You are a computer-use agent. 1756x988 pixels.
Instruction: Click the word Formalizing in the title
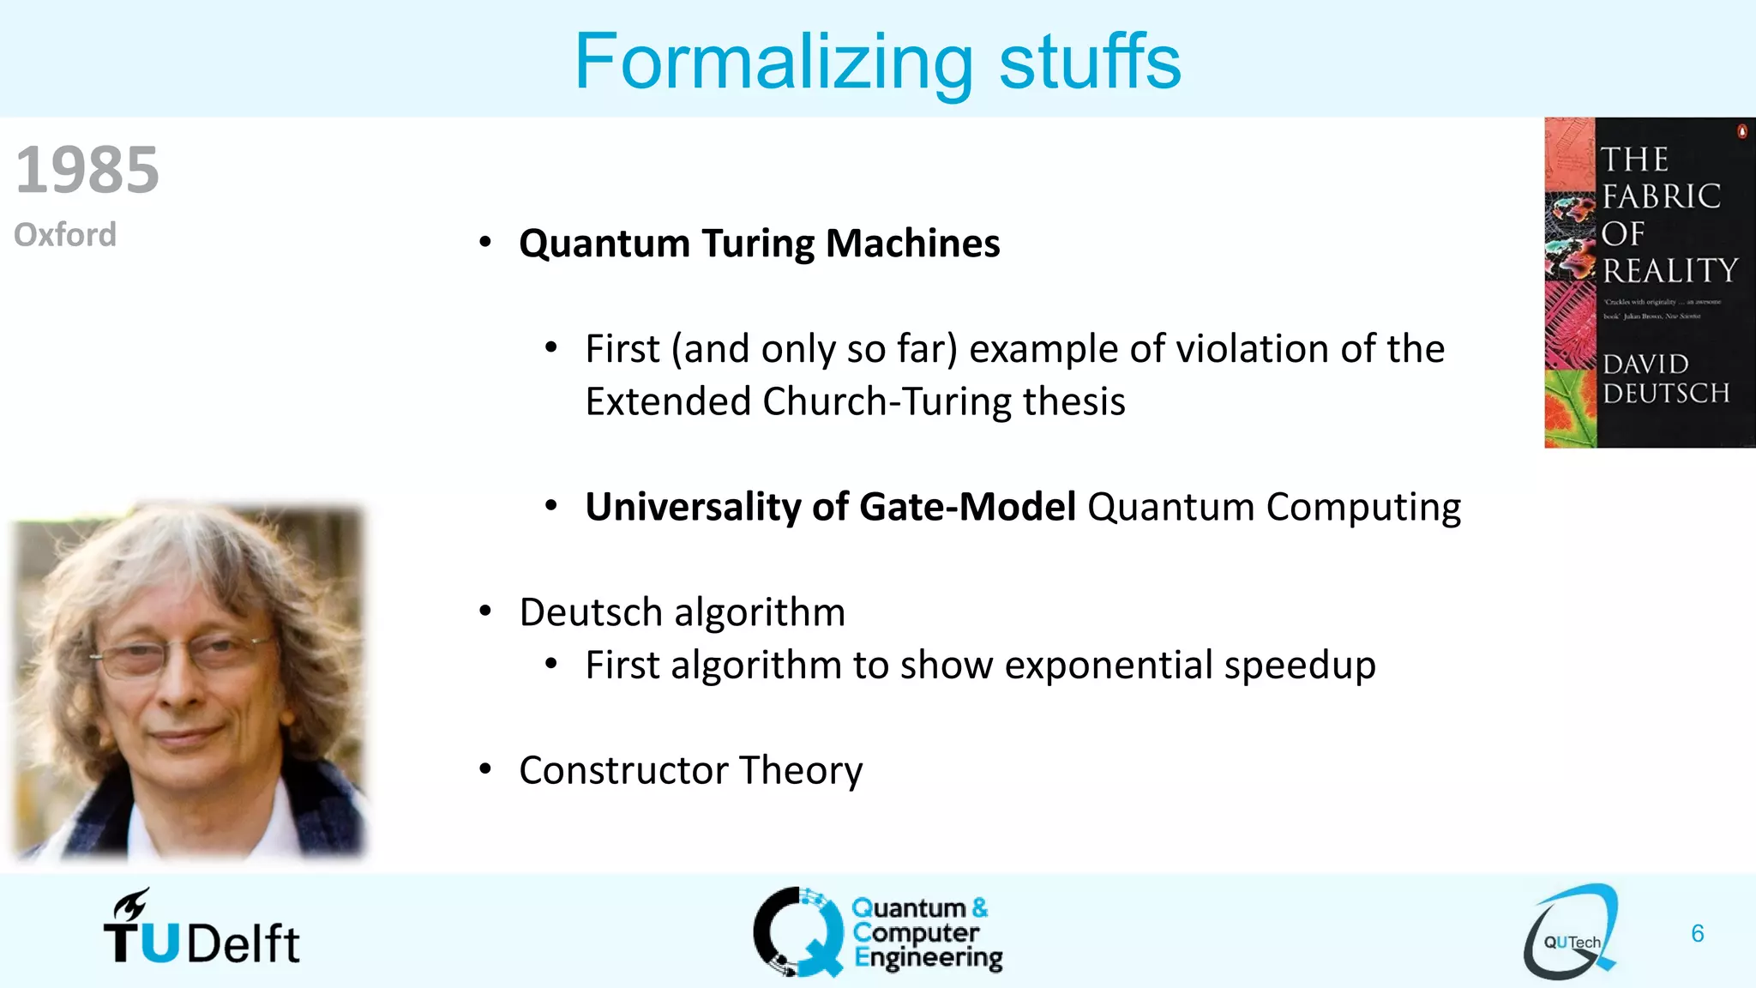pos(773,62)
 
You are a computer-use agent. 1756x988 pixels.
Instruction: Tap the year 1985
pos(87,170)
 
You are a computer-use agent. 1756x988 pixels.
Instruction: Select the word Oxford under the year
pos(65,234)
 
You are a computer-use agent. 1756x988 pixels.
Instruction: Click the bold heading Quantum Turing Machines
pos(759,244)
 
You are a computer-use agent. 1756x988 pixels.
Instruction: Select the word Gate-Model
pos(967,507)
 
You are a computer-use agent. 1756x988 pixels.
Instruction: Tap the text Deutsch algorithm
pos(682,612)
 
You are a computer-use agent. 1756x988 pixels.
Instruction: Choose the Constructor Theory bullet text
pos(690,770)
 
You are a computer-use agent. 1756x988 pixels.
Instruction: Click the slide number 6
pos(1697,933)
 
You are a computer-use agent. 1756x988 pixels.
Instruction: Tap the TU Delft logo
pos(201,931)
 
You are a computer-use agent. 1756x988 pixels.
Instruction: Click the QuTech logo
pos(1571,932)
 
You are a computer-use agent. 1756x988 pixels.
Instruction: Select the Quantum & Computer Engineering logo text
pos(926,932)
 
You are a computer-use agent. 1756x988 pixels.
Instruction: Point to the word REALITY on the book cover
pos(1669,271)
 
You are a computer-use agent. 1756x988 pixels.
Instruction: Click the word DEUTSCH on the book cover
pos(1666,394)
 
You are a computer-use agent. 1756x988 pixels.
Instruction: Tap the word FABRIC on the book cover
pos(1661,196)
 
